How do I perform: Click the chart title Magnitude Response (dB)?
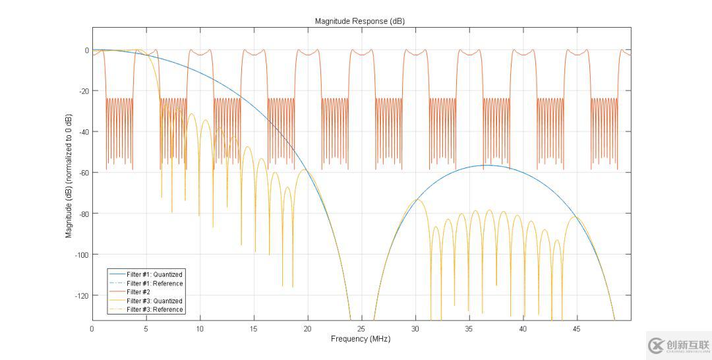click(359, 21)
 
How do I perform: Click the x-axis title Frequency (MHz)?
click(360, 339)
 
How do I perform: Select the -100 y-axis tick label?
click(81, 255)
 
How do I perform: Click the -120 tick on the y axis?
click(81, 295)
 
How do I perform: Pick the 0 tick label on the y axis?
click(86, 50)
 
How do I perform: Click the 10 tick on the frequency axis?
click(200, 328)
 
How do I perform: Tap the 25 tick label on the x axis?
click(361, 328)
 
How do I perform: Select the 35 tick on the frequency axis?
click(469, 328)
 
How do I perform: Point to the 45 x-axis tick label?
click(577, 328)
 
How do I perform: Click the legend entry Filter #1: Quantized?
click(154, 274)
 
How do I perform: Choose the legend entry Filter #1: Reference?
click(154, 284)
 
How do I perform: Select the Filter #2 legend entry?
click(138, 292)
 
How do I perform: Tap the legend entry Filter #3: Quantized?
click(154, 301)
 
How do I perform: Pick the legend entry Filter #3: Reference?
click(154, 309)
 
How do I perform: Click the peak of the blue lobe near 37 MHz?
click(487, 165)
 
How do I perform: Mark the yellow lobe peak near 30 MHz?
click(417, 199)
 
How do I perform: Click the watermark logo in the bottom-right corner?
click(678, 345)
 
